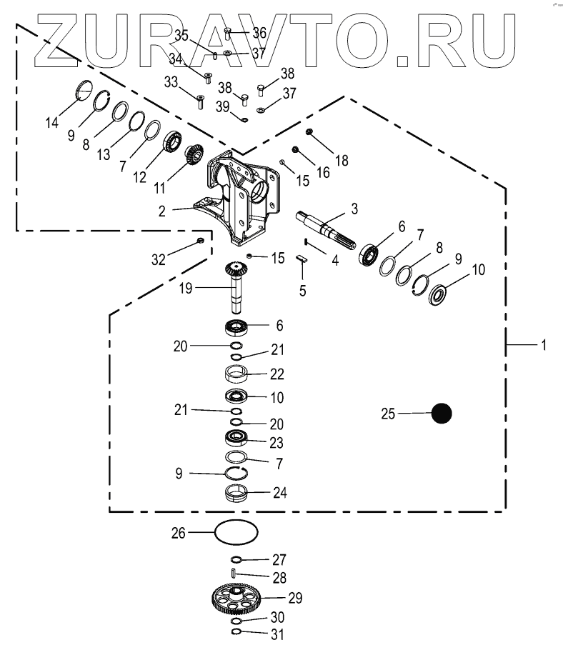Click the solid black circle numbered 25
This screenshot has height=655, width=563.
[442, 414]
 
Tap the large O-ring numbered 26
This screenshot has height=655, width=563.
[236, 532]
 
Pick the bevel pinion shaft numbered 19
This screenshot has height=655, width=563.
[236, 286]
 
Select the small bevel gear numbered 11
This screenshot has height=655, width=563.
[194, 155]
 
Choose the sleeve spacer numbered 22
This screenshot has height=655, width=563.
[236, 374]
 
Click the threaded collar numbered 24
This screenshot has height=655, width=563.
[236, 493]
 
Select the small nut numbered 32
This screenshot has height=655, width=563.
[201, 241]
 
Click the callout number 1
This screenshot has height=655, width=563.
[543, 345]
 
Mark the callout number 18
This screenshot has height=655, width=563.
[342, 161]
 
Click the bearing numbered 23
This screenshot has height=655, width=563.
[236, 439]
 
